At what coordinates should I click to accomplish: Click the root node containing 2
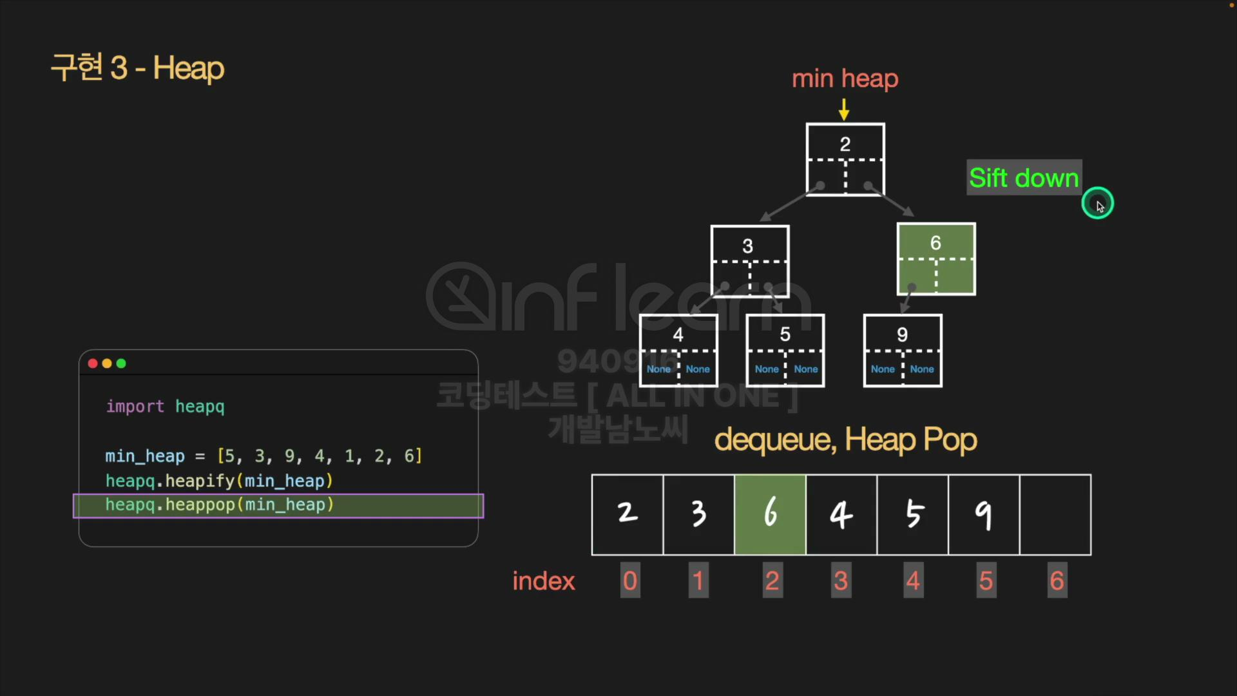[x=845, y=159]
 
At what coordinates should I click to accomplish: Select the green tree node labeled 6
[x=936, y=259]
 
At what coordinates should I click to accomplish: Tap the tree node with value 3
[x=749, y=260]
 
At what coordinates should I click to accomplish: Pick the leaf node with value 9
[x=903, y=351]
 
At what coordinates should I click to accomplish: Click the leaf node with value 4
[x=678, y=351]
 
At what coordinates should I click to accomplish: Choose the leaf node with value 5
[x=785, y=351]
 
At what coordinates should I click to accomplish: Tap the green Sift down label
[x=1024, y=177]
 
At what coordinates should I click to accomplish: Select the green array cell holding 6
[x=770, y=514]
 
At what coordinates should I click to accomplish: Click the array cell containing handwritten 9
[x=983, y=514]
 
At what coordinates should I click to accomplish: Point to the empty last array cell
[x=1055, y=514]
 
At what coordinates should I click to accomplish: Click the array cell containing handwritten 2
[x=627, y=514]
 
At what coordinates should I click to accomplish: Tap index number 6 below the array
[x=1057, y=581]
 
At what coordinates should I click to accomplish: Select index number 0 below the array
[x=630, y=581]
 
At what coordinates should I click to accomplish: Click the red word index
[x=543, y=581]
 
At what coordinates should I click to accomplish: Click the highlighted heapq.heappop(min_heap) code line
[x=219, y=505]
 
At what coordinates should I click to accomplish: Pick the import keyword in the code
[x=135, y=407]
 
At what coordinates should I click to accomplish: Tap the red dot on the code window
[x=93, y=363]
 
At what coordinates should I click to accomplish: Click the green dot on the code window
[x=121, y=363]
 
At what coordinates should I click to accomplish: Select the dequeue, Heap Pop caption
[x=845, y=440]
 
